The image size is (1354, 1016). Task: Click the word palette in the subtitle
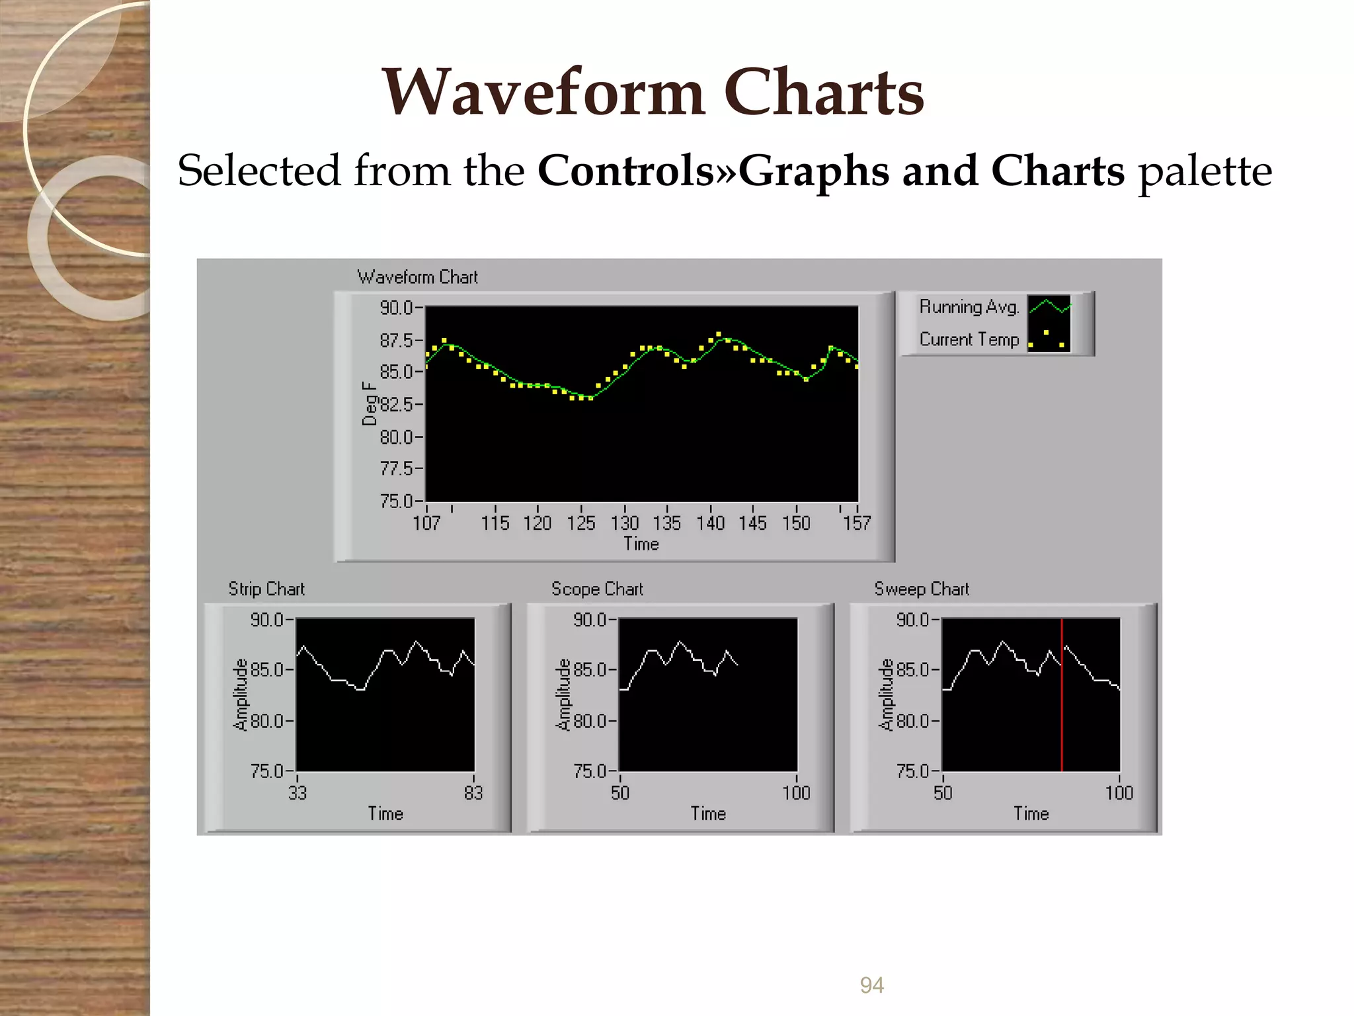coord(1204,171)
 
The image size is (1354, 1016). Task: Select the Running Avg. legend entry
coord(969,307)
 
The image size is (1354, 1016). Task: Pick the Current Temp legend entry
coord(969,339)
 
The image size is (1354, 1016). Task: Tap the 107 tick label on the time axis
coord(426,523)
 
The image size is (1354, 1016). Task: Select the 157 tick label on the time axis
coord(856,523)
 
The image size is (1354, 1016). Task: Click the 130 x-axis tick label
coord(624,523)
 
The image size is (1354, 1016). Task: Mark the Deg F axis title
coord(369,403)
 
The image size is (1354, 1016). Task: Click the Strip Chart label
coord(266,589)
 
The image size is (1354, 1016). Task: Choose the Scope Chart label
coord(597,589)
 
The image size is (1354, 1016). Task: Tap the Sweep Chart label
coord(922,589)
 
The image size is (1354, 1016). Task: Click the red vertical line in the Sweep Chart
coord(1062,728)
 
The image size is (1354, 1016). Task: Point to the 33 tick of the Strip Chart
coord(298,792)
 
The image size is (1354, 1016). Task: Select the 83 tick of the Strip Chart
coord(473,792)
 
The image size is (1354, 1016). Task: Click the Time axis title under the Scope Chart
coord(708,814)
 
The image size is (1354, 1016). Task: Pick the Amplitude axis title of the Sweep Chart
coord(886,695)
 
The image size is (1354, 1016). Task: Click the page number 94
coord(871,985)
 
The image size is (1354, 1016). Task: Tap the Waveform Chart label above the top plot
coord(417,277)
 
